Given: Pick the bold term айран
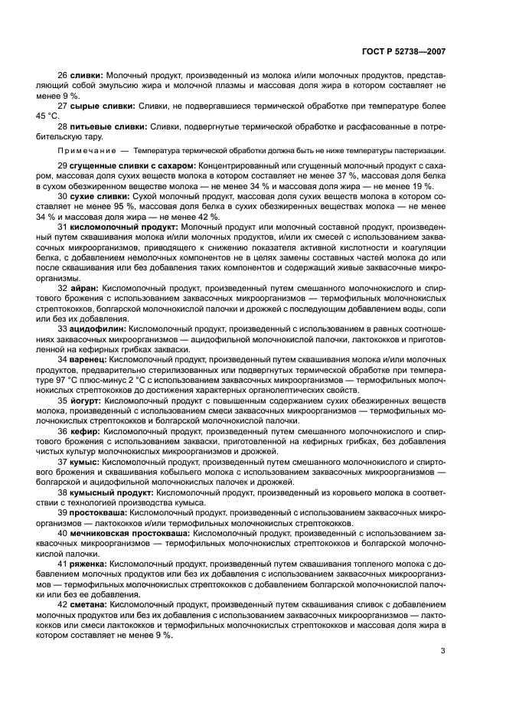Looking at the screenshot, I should click(x=85, y=288).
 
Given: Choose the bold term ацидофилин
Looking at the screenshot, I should click(x=99, y=328).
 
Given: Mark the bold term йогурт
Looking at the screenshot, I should click(x=87, y=399).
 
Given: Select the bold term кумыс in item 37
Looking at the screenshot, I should click(x=85, y=462).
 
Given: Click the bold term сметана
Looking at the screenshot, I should click(x=90, y=603).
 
